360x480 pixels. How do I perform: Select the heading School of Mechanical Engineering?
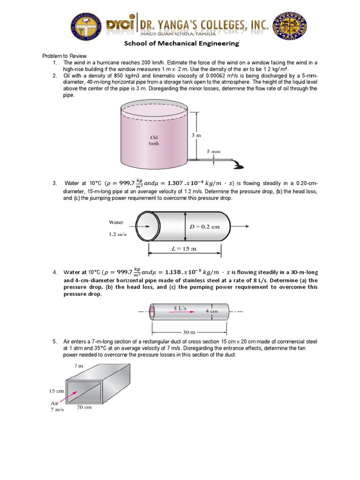[x=181, y=44]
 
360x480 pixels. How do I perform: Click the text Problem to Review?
[x=65, y=56]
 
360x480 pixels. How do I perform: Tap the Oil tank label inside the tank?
[x=154, y=140]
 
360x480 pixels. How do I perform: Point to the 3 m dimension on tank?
[x=196, y=135]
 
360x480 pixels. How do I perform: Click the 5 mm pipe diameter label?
[x=213, y=151]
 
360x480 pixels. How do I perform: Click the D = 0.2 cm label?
[x=204, y=226]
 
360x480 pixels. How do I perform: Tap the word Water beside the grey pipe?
[x=116, y=222]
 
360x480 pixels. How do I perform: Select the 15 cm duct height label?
[x=56, y=390]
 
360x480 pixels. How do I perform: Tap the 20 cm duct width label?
[x=84, y=407]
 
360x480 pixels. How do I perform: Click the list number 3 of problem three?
[x=54, y=183]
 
